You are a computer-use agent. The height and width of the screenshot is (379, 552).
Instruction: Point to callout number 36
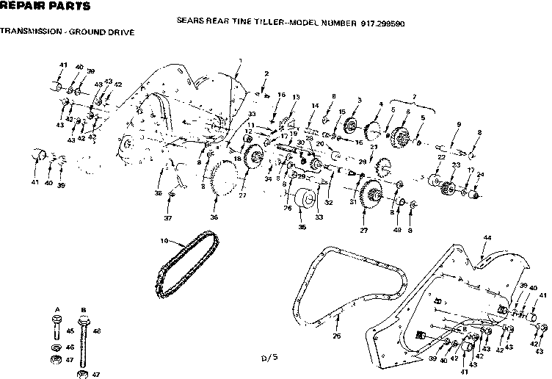tap(214, 217)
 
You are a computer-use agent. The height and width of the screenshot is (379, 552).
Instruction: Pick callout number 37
tap(167, 218)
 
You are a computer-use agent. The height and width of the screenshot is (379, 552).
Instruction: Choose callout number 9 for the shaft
tap(459, 124)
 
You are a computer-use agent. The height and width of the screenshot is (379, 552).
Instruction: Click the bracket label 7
tap(414, 97)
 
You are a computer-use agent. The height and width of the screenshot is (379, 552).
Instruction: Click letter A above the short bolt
tap(57, 308)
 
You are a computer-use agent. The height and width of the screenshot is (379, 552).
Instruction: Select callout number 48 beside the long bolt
tap(96, 331)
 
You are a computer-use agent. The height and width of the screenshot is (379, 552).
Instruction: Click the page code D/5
tap(270, 358)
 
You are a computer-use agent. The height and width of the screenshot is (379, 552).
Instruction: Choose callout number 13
tap(296, 97)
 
